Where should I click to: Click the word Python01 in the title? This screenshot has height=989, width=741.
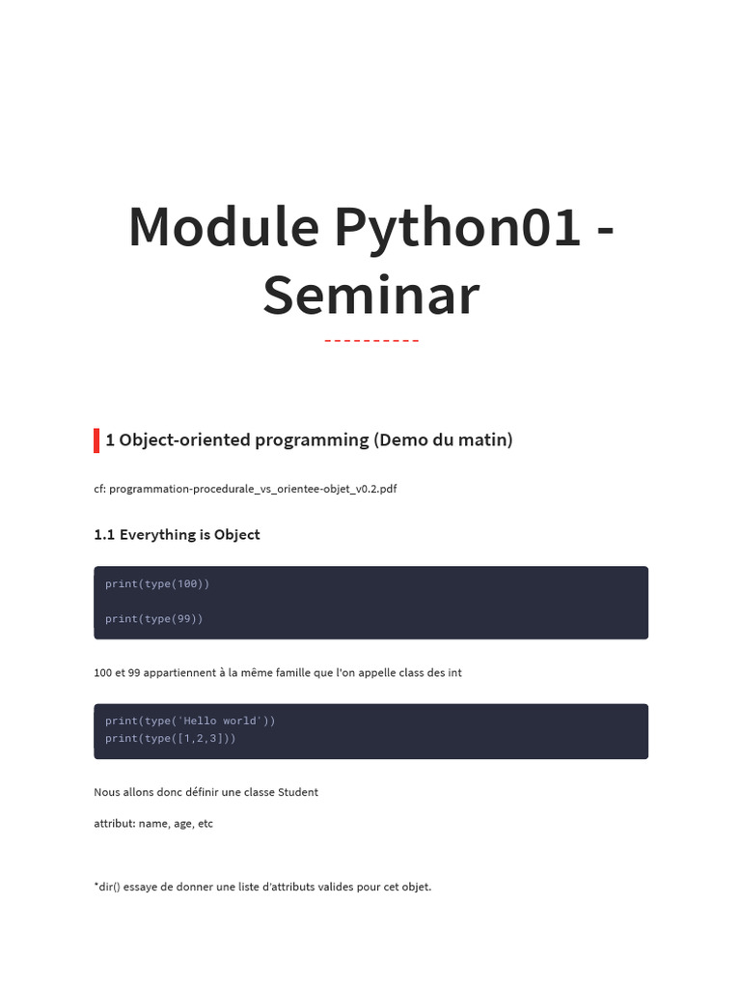point(456,228)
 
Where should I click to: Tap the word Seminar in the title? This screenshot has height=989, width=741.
point(371,296)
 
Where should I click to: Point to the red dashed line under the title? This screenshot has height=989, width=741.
point(371,341)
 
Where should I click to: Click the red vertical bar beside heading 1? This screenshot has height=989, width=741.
point(96,440)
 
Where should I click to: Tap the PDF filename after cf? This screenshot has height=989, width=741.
point(253,489)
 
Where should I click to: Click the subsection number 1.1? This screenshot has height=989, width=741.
point(104,535)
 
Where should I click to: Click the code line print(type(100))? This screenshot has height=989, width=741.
point(157,584)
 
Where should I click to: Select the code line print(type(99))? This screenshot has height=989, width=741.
point(153,619)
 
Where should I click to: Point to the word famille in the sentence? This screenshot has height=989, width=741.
point(293,673)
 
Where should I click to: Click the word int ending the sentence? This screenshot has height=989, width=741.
point(455,673)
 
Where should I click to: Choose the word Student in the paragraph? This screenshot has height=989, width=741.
point(298,792)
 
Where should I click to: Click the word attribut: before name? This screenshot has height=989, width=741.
point(115,824)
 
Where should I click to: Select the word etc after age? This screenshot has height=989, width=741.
point(206,824)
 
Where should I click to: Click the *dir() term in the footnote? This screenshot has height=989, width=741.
point(107,887)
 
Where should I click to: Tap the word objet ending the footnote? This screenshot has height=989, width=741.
point(417,887)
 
